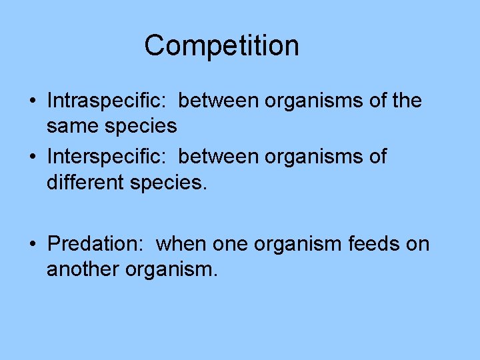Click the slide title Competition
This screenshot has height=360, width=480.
click(x=221, y=46)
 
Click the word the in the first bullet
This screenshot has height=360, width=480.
click(x=407, y=101)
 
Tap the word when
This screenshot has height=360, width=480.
click(x=182, y=244)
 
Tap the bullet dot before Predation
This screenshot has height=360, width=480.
click(x=32, y=245)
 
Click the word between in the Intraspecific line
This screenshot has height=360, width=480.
click(x=219, y=101)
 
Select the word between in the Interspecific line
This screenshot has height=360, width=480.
click(x=219, y=157)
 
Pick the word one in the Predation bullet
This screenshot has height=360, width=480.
click(x=229, y=245)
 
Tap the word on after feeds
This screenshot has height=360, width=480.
click(x=418, y=245)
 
